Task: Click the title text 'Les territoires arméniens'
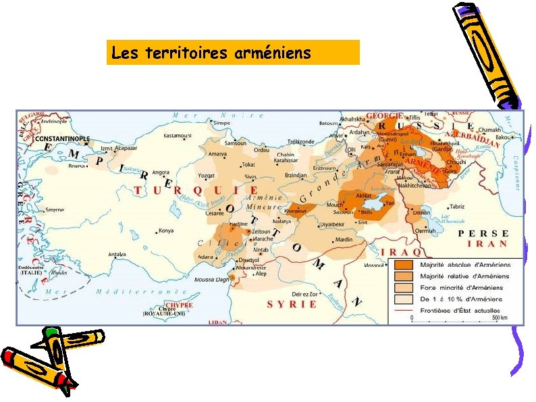(x=211, y=52)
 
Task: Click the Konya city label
(x=165, y=230)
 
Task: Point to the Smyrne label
(x=54, y=210)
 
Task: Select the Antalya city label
(x=117, y=255)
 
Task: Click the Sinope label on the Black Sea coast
(x=221, y=123)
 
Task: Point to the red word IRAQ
(x=402, y=251)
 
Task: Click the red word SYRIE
(x=292, y=304)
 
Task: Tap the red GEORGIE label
(x=384, y=116)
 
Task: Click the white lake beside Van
(x=387, y=201)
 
